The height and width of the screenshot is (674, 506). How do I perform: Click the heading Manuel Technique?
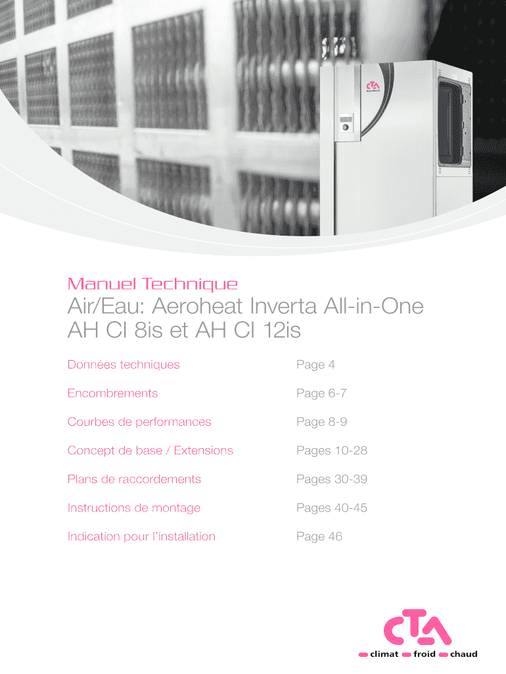152,284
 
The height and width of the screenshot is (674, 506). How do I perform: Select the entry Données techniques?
124,365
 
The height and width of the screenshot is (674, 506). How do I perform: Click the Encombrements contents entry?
112,393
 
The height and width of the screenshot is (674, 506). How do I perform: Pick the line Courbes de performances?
139,422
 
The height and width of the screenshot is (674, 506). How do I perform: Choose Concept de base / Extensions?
150,450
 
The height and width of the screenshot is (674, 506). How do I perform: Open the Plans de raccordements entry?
134,479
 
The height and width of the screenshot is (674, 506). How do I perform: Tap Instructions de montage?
134,507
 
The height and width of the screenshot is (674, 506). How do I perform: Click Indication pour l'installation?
141,536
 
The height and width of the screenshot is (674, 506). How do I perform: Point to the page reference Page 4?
315,365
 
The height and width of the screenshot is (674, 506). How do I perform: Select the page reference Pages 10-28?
332,450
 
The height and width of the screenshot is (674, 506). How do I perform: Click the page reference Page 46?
319,536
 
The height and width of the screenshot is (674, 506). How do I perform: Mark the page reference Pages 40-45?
332,507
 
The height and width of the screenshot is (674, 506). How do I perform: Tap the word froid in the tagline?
424,654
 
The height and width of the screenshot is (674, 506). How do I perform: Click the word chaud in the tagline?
463,654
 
